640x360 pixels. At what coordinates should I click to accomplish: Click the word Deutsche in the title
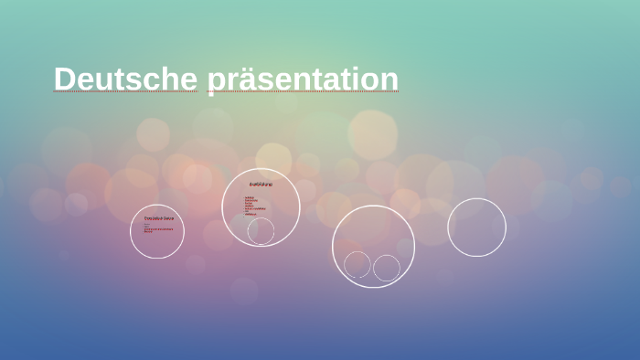(x=125, y=79)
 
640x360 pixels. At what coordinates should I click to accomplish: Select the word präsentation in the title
(x=303, y=79)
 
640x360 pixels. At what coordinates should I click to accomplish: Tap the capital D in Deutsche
(x=64, y=79)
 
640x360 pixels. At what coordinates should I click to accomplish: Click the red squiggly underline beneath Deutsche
(x=125, y=92)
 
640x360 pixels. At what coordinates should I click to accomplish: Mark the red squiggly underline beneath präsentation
(x=303, y=93)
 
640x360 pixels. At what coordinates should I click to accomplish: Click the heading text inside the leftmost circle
(x=158, y=219)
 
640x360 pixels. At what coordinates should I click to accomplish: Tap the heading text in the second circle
(x=261, y=185)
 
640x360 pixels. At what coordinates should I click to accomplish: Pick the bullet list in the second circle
(x=251, y=206)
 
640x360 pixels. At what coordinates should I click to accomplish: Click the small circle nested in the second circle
(x=261, y=231)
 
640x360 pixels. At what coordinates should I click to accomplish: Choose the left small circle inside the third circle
(x=357, y=265)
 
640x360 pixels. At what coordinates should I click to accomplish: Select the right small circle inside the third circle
(x=387, y=268)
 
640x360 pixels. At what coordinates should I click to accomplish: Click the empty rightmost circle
(x=476, y=228)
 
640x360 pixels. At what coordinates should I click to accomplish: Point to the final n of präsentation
(x=389, y=79)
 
